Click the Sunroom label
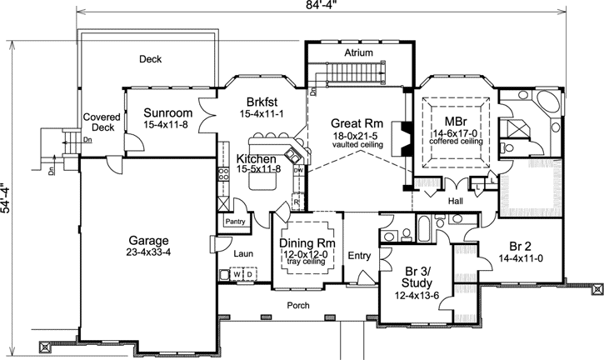click(x=167, y=113)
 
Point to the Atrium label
click(x=358, y=53)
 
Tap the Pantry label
click(x=235, y=222)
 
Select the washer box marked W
click(x=237, y=274)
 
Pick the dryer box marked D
click(x=249, y=274)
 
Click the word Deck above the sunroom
click(x=150, y=59)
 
